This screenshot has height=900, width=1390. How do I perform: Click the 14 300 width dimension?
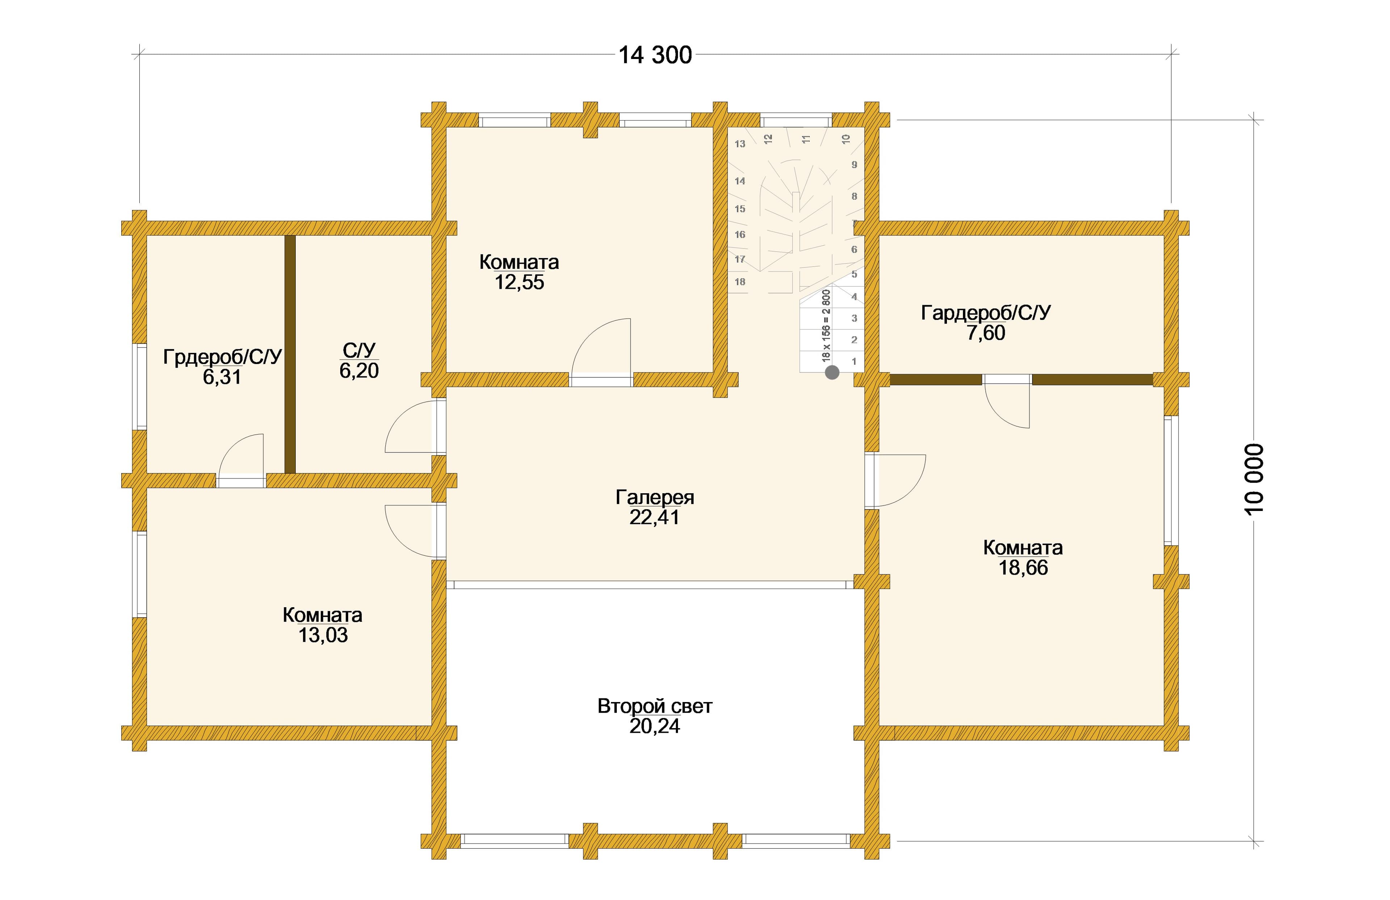point(655,55)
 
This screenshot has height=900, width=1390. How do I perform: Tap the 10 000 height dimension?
point(1254,479)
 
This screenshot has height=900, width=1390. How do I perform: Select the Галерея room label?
point(655,498)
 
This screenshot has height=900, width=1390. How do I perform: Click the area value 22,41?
point(655,517)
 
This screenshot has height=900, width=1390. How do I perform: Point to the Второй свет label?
point(655,707)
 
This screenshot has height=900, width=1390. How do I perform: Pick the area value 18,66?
point(1023,568)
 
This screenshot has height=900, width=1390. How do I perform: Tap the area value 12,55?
point(519,283)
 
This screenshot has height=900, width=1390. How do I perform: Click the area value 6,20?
point(359,370)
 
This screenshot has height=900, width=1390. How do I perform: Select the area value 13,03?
point(323,635)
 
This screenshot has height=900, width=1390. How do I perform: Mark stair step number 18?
point(740,282)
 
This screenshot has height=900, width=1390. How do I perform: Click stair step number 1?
point(854,362)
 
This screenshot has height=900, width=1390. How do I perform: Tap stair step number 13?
point(740,144)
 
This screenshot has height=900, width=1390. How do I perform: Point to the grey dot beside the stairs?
point(832,372)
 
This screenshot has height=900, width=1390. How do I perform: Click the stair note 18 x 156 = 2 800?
point(826,325)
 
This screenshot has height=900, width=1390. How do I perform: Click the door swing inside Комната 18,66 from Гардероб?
point(1007,406)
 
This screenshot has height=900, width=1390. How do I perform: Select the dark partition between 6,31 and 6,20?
point(290,354)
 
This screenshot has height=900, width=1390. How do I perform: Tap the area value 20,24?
point(655,727)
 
